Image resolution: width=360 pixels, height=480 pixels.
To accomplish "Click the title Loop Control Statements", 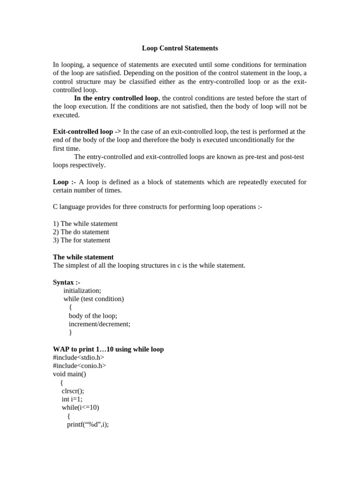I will pos(180,48).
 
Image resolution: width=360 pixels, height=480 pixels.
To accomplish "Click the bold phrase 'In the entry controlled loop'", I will pos(116,98).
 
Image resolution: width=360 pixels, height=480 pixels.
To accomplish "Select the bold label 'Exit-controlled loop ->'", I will pos(87,132).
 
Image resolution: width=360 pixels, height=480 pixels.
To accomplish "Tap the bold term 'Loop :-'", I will pos(65,182).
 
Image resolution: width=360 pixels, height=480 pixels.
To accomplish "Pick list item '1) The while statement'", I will pos(85,224).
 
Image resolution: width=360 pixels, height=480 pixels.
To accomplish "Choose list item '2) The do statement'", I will pos(81,232).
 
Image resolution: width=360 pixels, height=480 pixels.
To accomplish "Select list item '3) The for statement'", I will pos(82,240).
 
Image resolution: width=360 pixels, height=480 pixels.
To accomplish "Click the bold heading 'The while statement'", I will pos(83,257).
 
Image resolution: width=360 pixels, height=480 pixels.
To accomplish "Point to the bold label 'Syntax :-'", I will pos(67,282).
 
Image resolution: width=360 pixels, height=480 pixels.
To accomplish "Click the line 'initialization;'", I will pos(82,291).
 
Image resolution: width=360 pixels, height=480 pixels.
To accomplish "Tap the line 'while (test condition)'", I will pos(94,299).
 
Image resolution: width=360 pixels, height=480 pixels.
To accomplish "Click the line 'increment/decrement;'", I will pos(99,324).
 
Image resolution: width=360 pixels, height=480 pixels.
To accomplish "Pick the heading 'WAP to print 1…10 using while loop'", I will pos(108,349).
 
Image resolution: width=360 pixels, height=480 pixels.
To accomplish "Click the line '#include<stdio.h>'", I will pos(79,358).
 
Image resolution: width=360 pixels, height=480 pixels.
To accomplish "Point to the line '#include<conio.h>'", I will pos(80,366).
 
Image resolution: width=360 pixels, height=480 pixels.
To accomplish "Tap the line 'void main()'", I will pos(70,375).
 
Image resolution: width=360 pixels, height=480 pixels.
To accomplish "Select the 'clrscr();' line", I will pos(73,391).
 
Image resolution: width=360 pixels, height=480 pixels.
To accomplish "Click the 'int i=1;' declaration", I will pos(72,399).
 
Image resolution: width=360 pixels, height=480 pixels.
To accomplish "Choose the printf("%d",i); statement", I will pos(88,425).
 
